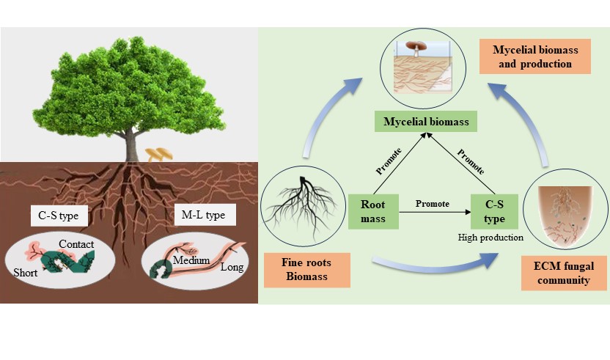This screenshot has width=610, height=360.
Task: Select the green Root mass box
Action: click(372, 211)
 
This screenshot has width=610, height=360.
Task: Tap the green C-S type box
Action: click(495, 211)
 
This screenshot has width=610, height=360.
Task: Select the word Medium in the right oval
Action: click(192, 260)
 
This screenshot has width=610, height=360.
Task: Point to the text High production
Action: click(490, 238)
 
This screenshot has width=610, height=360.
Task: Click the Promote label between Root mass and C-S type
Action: click(432, 203)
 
